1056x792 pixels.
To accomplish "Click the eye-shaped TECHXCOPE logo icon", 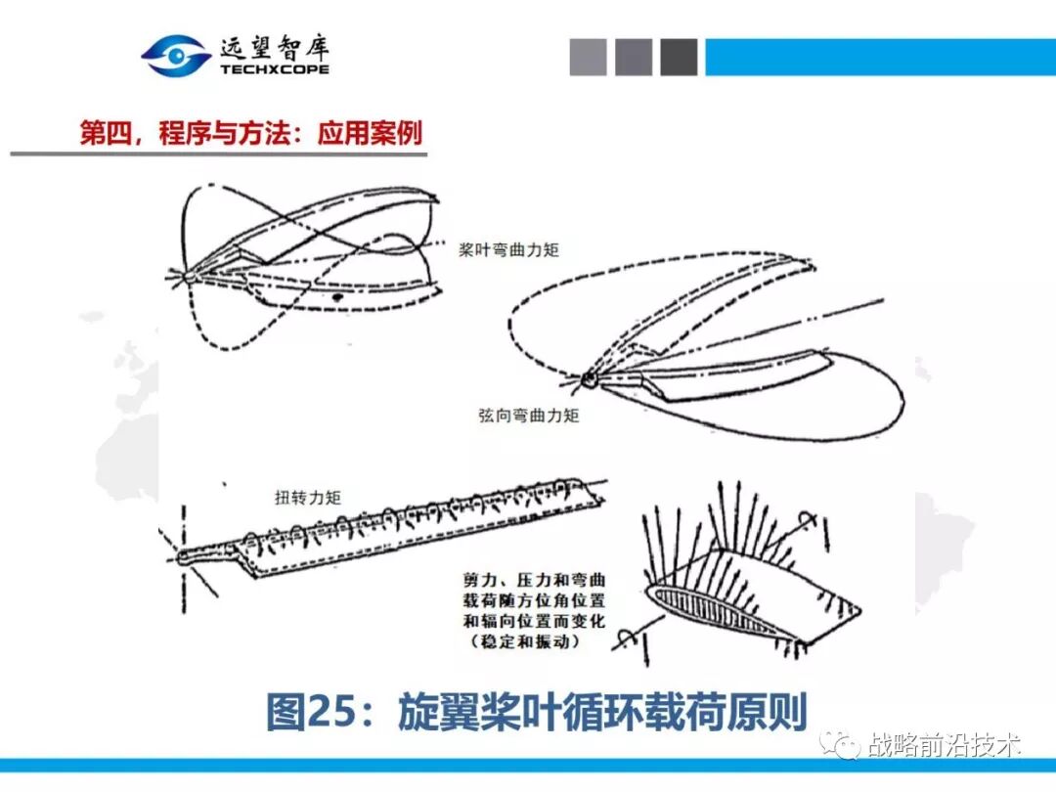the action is (x=176, y=56).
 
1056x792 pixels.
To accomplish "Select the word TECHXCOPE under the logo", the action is (x=275, y=69).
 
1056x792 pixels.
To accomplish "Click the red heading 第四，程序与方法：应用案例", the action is (x=251, y=133).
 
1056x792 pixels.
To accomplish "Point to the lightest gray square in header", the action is (x=589, y=57).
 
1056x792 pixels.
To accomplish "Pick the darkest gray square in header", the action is (x=679, y=57).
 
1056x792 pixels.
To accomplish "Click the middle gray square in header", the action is (x=634, y=57).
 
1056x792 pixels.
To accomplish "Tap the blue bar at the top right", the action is (x=880, y=57).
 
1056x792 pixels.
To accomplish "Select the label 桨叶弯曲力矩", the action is (x=509, y=250).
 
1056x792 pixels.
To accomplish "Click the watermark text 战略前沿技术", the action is (x=945, y=746).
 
